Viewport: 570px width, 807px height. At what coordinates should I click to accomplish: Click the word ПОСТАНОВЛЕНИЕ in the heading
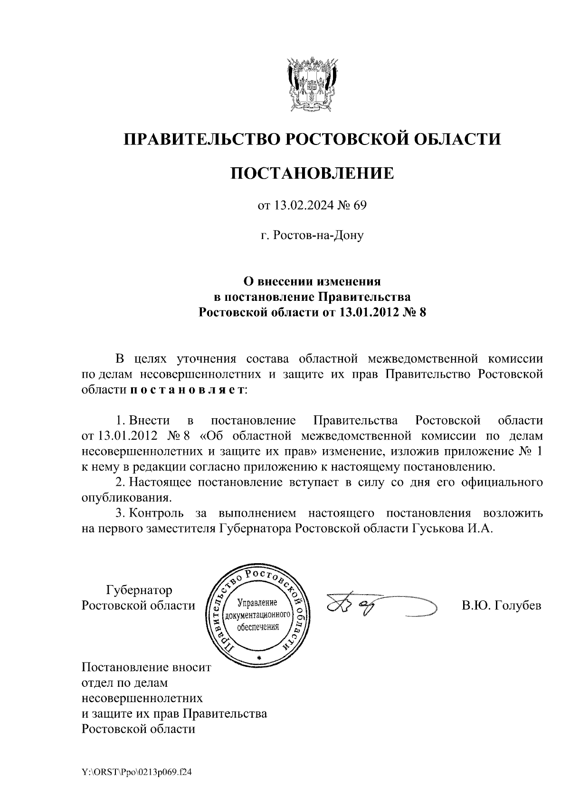[x=312, y=173]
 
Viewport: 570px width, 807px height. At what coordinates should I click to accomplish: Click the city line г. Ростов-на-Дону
[x=312, y=236]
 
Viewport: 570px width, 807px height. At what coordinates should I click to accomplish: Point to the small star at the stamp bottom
[x=259, y=657]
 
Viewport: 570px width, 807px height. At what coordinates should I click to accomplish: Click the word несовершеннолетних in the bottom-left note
[x=142, y=698]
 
